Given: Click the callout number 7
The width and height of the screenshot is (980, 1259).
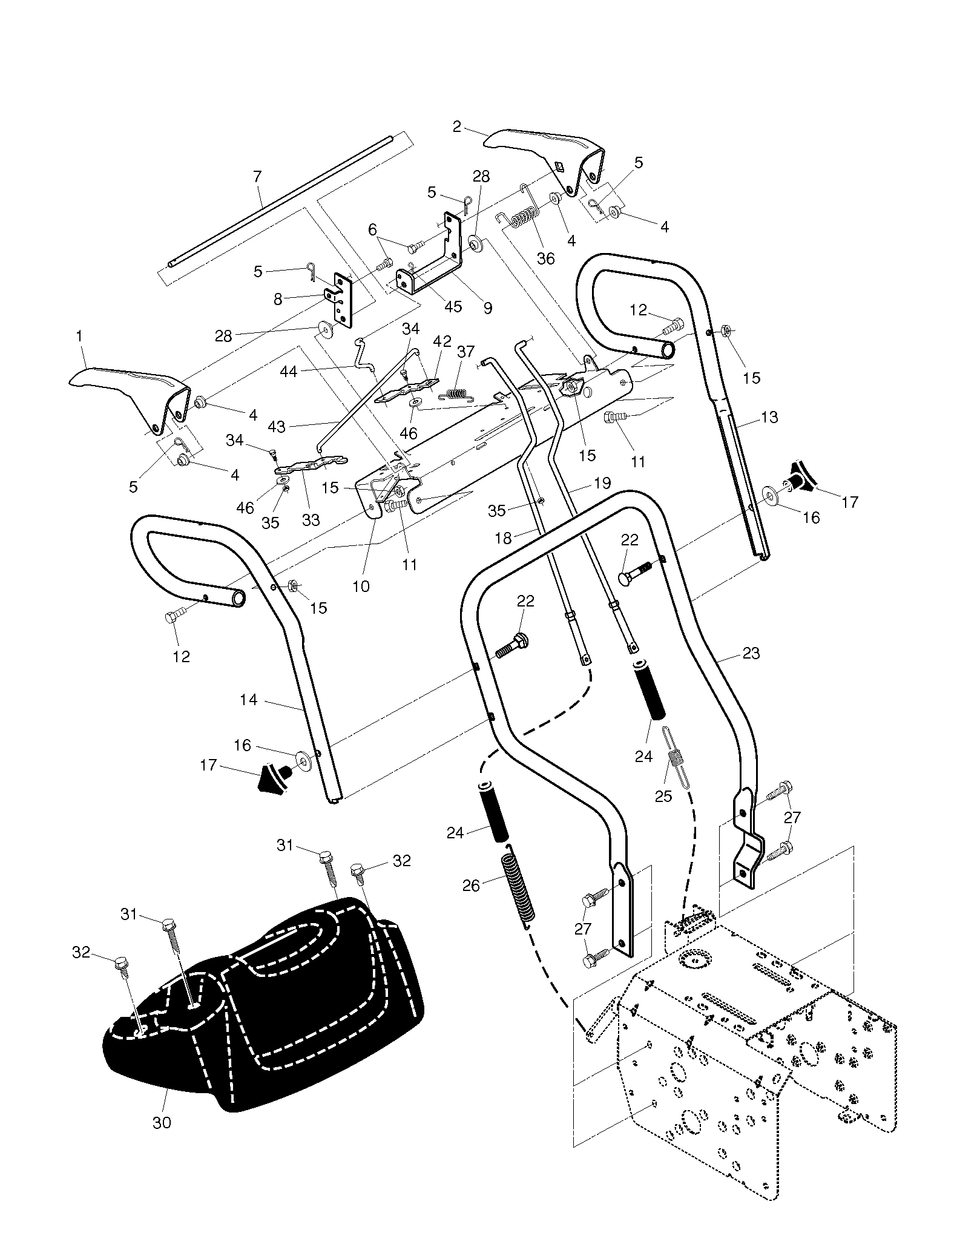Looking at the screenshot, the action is pyautogui.click(x=257, y=177).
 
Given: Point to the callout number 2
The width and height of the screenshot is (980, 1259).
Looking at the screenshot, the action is pyautogui.click(x=456, y=127).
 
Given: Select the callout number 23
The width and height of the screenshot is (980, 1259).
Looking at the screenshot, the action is pyautogui.click(x=751, y=654).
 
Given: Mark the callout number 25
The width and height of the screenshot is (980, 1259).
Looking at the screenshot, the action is pyautogui.click(x=663, y=796).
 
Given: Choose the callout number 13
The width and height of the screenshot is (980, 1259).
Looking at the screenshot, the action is pyautogui.click(x=769, y=417).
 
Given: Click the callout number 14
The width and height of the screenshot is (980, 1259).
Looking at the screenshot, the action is pyautogui.click(x=248, y=700).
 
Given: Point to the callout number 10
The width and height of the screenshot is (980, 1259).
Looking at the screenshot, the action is pyautogui.click(x=361, y=586).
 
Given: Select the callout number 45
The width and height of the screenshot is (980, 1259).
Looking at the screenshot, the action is pyautogui.click(x=453, y=306).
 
